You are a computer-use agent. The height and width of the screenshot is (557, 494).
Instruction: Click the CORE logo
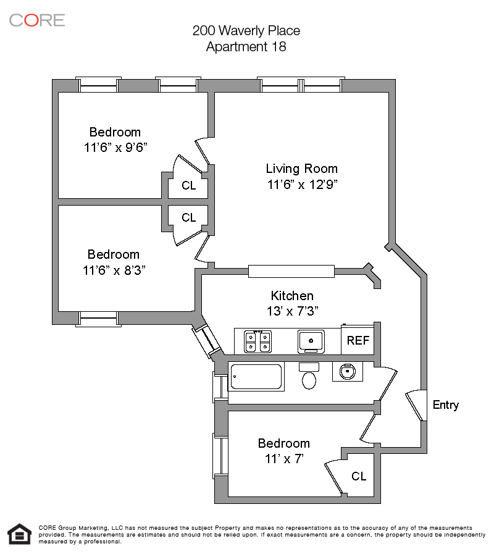(37, 20)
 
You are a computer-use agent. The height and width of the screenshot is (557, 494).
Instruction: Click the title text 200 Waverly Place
(246, 30)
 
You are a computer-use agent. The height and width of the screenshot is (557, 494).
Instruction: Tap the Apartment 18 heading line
(246, 46)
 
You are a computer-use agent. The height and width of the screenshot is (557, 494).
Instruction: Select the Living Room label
(301, 169)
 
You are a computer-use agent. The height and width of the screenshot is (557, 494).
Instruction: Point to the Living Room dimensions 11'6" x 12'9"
(302, 185)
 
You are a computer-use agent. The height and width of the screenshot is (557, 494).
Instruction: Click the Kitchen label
(292, 296)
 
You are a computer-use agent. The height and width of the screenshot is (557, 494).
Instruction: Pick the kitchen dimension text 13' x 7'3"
(292, 311)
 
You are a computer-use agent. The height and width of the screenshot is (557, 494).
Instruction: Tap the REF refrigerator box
(358, 340)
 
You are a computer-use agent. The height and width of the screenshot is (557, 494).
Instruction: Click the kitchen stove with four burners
(258, 341)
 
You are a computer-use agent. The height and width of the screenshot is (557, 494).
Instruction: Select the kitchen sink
(311, 341)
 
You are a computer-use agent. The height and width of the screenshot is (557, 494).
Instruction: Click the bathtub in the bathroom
(256, 377)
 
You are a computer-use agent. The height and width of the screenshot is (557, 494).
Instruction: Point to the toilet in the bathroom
(309, 377)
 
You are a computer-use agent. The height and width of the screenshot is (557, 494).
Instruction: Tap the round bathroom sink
(347, 372)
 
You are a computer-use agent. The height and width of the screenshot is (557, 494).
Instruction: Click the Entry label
(446, 405)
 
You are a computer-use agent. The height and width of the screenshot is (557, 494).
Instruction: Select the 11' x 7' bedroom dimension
(284, 459)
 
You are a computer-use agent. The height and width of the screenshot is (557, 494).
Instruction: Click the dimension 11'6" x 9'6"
(115, 147)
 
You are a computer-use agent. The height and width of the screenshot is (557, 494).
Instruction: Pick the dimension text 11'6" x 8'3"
(114, 270)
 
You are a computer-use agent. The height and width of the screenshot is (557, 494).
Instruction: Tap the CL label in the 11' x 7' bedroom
(359, 476)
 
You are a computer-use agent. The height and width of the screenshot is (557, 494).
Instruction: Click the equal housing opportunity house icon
(20, 534)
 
